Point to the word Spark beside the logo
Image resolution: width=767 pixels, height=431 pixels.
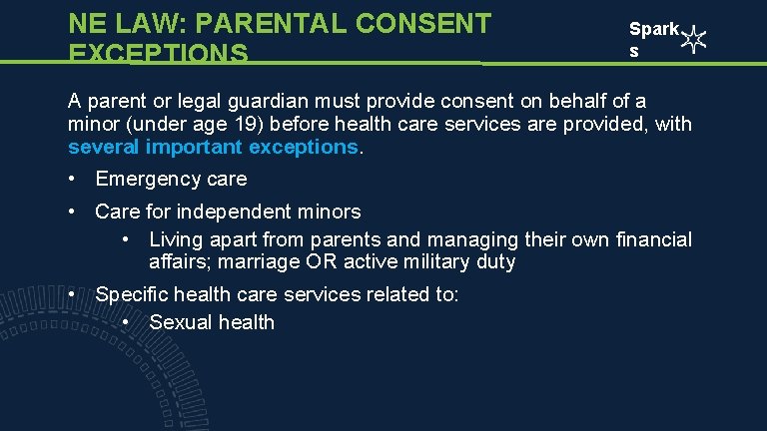point(654,31)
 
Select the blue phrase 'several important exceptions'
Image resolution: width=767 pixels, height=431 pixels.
point(213,148)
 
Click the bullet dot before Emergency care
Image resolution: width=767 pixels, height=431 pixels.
point(74,180)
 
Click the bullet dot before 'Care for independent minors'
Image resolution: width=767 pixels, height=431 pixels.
point(74,212)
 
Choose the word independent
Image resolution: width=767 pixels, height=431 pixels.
point(237,212)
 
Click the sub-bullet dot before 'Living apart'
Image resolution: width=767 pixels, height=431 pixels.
point(127,239)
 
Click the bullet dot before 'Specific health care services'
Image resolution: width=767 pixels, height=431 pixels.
point(74,295)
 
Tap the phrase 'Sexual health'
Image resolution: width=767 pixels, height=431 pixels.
point(211,322)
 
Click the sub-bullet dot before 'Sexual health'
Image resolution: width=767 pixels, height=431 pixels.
point(127,322)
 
